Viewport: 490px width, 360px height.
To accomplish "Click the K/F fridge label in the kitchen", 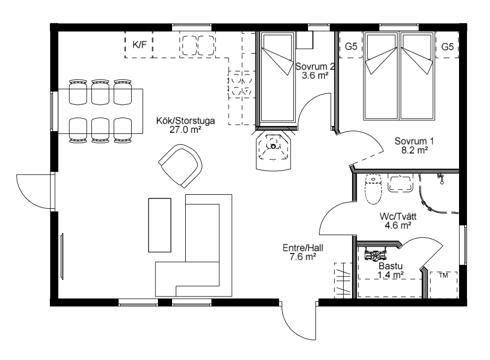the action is click(140, 45).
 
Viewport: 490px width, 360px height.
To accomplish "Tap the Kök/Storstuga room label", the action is click(185, 121).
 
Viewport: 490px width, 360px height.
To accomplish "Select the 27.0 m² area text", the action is click(185, 130).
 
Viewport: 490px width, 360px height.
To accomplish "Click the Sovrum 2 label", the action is click(315, 67).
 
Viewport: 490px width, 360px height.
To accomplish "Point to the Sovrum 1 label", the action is click(414, 141).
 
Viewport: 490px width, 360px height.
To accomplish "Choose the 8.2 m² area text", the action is click(414, 150).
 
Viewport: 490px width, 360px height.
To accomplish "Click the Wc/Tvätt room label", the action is click(398, 216).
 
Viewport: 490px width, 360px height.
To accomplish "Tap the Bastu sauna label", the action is click(390, 266).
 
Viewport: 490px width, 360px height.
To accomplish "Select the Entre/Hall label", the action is click(303, 248).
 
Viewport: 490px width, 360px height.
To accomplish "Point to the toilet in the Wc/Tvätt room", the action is click(373, 189).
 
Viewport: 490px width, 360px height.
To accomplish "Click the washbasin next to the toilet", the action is click(400, 183).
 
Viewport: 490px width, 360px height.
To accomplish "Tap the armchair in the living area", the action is click(180, 166).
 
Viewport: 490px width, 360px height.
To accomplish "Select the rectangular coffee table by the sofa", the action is click(159, 225).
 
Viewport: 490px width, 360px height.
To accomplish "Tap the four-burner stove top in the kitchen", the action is click(241, 84).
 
